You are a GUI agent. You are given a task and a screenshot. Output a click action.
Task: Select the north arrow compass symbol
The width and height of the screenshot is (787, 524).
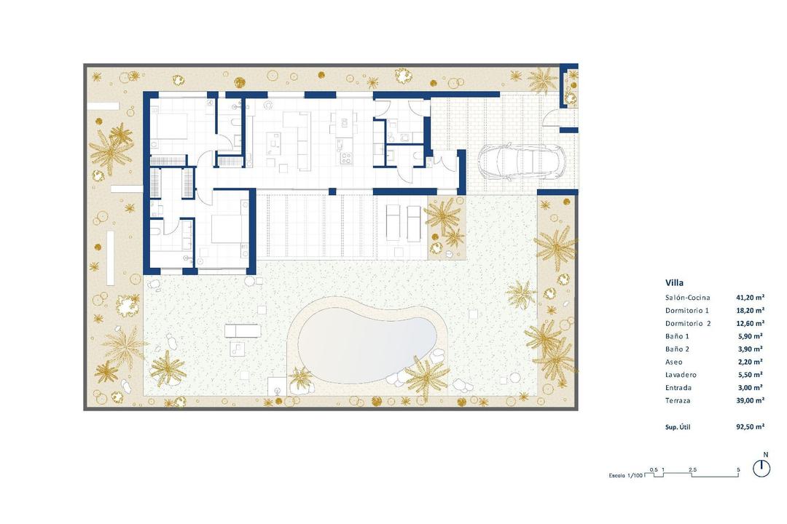[x=761, y=467]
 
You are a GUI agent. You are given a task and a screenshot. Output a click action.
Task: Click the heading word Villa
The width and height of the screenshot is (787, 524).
[x=674, y=282]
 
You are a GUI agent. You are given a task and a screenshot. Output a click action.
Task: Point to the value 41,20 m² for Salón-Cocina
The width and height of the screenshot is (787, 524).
[x=749, y=298]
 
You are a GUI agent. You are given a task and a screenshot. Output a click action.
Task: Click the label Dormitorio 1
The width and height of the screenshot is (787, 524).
[x=686, y=311]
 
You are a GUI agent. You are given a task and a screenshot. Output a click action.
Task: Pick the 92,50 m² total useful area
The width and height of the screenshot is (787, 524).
[x=749, y=426]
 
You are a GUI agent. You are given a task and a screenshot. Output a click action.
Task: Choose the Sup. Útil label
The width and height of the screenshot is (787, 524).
[x=678, y=426]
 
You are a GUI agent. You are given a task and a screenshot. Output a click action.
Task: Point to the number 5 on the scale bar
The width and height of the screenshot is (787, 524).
[x=738, y=469]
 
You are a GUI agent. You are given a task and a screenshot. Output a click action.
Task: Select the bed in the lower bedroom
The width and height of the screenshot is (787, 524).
[x=227, y=229]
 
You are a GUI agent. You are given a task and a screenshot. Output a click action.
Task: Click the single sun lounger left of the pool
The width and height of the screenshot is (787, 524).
[x=240, y=331]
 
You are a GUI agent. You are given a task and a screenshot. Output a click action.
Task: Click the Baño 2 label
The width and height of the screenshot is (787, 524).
[x=677, y=349]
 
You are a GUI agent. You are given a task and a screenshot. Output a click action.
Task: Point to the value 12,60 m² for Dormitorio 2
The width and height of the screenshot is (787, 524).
[x=749, y=323]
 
